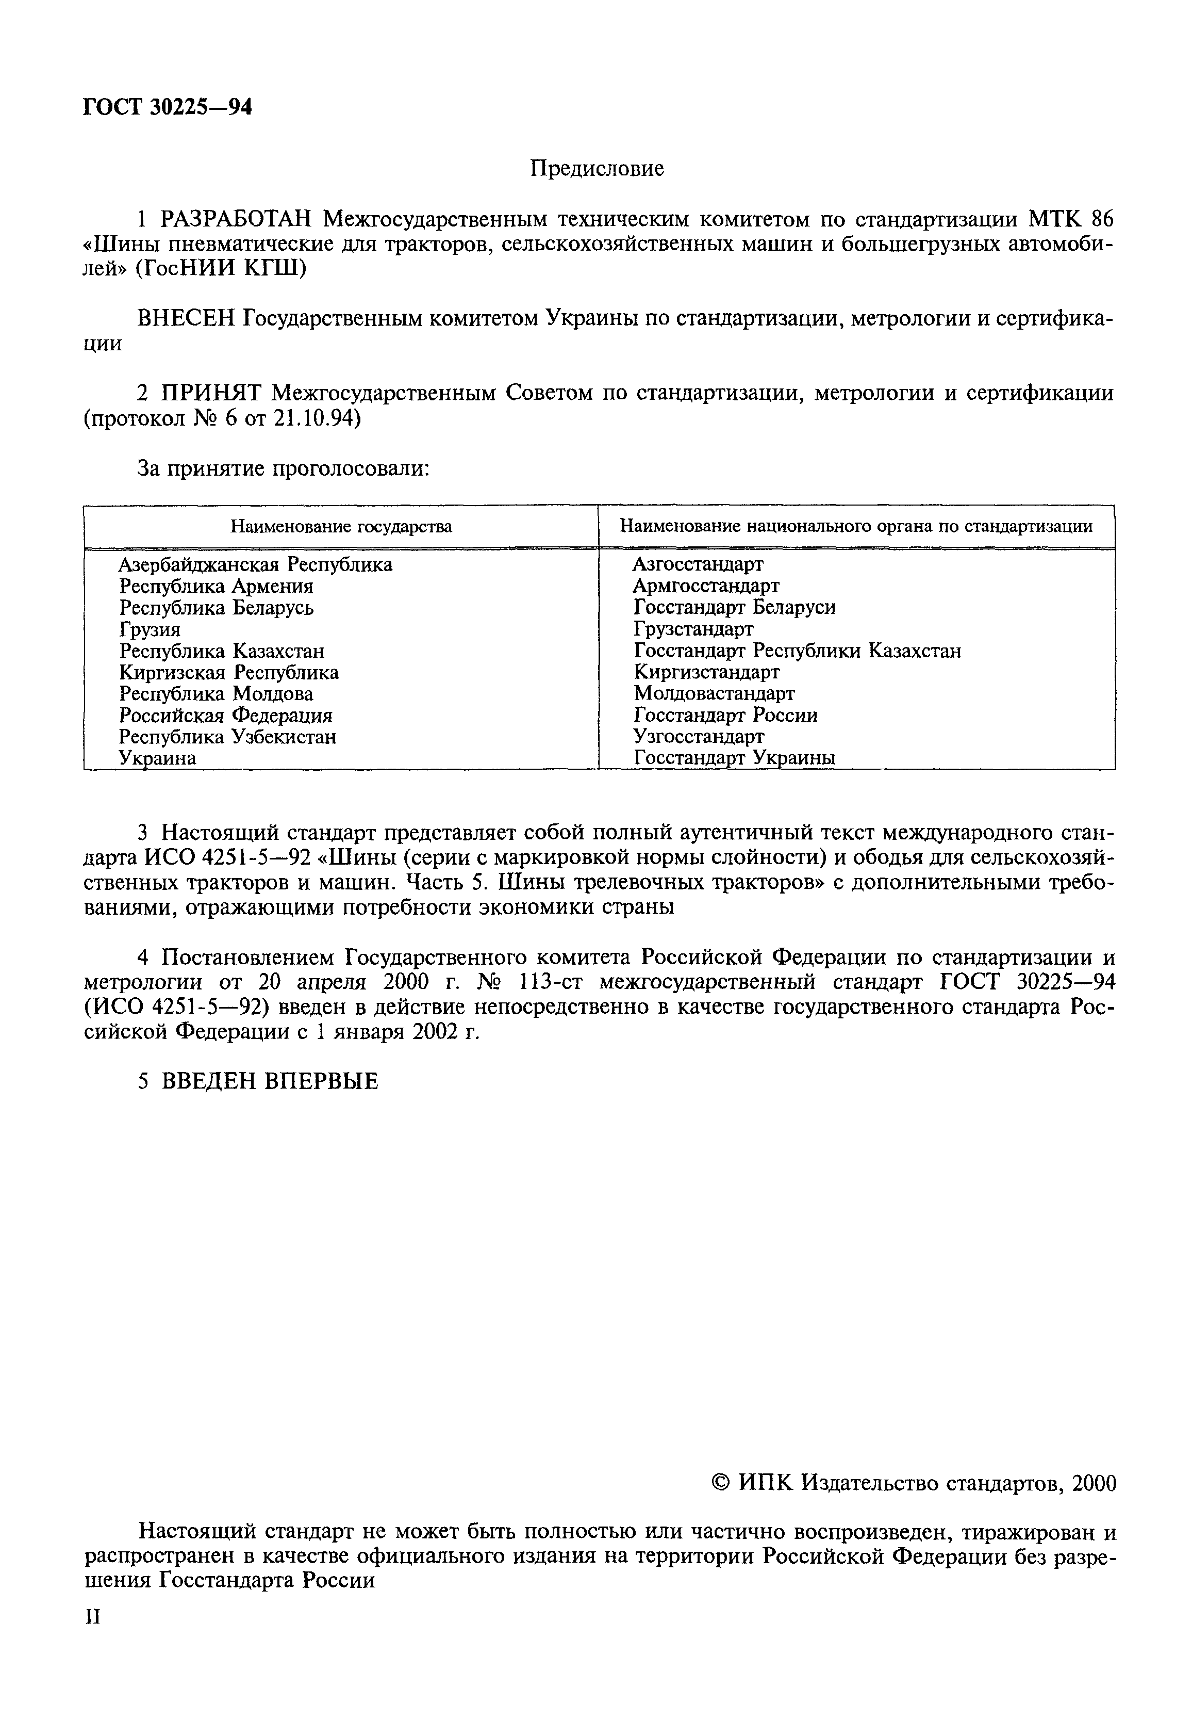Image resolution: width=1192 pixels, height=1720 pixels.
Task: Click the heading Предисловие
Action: (x=596, y=169)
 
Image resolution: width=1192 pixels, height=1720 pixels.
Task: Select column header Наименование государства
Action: (x=341, y=527)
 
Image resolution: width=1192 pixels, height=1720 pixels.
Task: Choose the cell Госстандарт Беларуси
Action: (x=734, y=607)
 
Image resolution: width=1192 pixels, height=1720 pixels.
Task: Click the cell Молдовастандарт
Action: (x=714, y=694)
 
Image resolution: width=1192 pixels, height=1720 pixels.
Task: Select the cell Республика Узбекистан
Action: (x=228, y=737)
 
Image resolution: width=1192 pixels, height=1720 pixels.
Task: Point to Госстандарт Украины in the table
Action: (x=734, y=758)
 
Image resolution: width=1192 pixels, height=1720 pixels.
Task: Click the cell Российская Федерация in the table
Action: (x=225, y=716)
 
